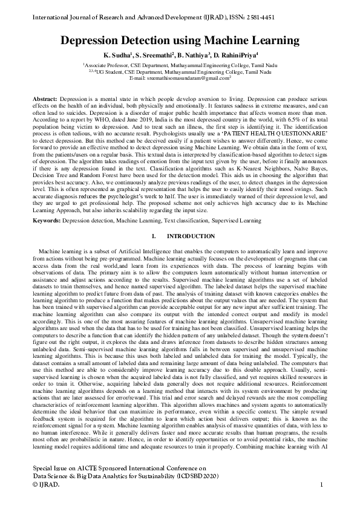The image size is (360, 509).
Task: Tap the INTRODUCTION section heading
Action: point(191,236)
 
